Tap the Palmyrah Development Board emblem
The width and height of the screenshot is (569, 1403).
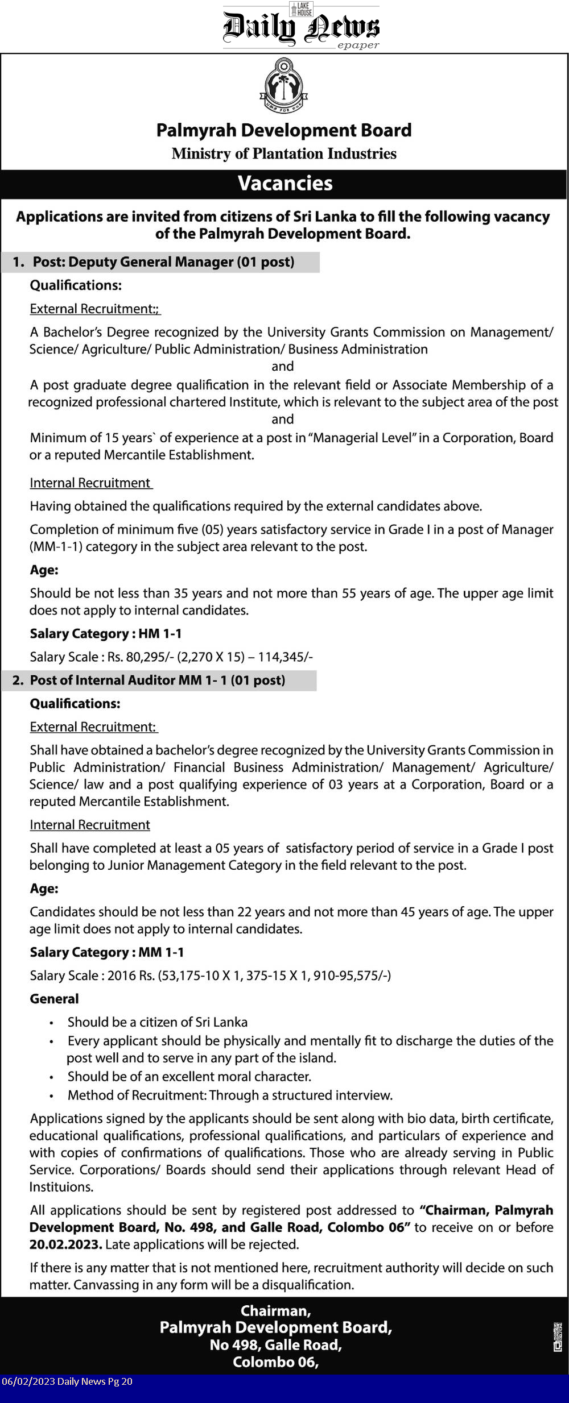283,85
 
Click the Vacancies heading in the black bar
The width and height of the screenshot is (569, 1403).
284,184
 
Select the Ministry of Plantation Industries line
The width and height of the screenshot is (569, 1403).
284,153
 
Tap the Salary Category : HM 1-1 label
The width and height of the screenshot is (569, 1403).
106,634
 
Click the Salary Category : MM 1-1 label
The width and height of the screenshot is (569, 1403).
107,952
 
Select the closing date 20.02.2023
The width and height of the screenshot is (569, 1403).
65,1244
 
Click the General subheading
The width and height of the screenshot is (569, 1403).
54,999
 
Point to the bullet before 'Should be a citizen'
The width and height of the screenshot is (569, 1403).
52,1023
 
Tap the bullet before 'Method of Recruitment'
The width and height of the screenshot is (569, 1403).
52,1095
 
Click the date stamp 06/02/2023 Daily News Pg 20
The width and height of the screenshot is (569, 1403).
67,1381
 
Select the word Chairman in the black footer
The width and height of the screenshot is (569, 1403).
275,1311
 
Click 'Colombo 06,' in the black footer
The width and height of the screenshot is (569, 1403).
275,1362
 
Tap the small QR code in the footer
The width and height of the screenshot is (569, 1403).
558,1336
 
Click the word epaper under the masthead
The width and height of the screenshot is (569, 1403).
358,45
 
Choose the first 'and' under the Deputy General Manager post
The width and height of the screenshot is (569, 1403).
283,367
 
